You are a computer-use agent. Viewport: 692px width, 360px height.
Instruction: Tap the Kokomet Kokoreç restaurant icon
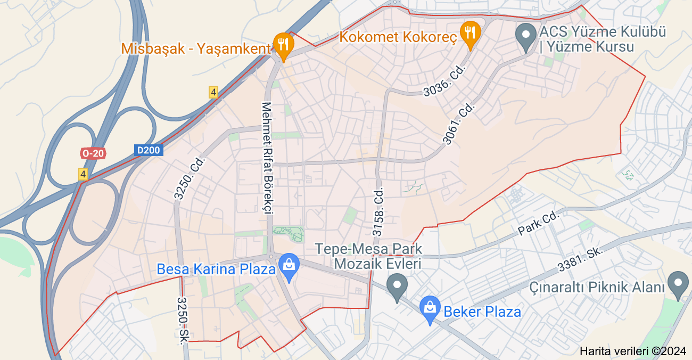coord(469,33)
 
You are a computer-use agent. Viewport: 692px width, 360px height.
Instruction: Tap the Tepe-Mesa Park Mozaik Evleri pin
coord(397,287)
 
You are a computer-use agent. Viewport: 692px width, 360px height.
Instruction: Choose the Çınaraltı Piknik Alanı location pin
coord(678,284)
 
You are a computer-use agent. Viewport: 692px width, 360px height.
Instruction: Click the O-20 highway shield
coord(93,153)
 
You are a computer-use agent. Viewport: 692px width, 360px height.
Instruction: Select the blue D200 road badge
coord(148,150)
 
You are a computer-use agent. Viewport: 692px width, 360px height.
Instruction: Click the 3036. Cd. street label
coord(445,80)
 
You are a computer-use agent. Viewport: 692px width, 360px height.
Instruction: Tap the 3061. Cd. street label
coord(459,124)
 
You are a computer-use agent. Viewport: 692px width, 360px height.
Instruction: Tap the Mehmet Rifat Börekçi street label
coord(266,158)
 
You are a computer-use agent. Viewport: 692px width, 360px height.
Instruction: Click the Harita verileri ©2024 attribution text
coord(633,351)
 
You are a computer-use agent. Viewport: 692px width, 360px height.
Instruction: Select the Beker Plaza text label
coord(482,312)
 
